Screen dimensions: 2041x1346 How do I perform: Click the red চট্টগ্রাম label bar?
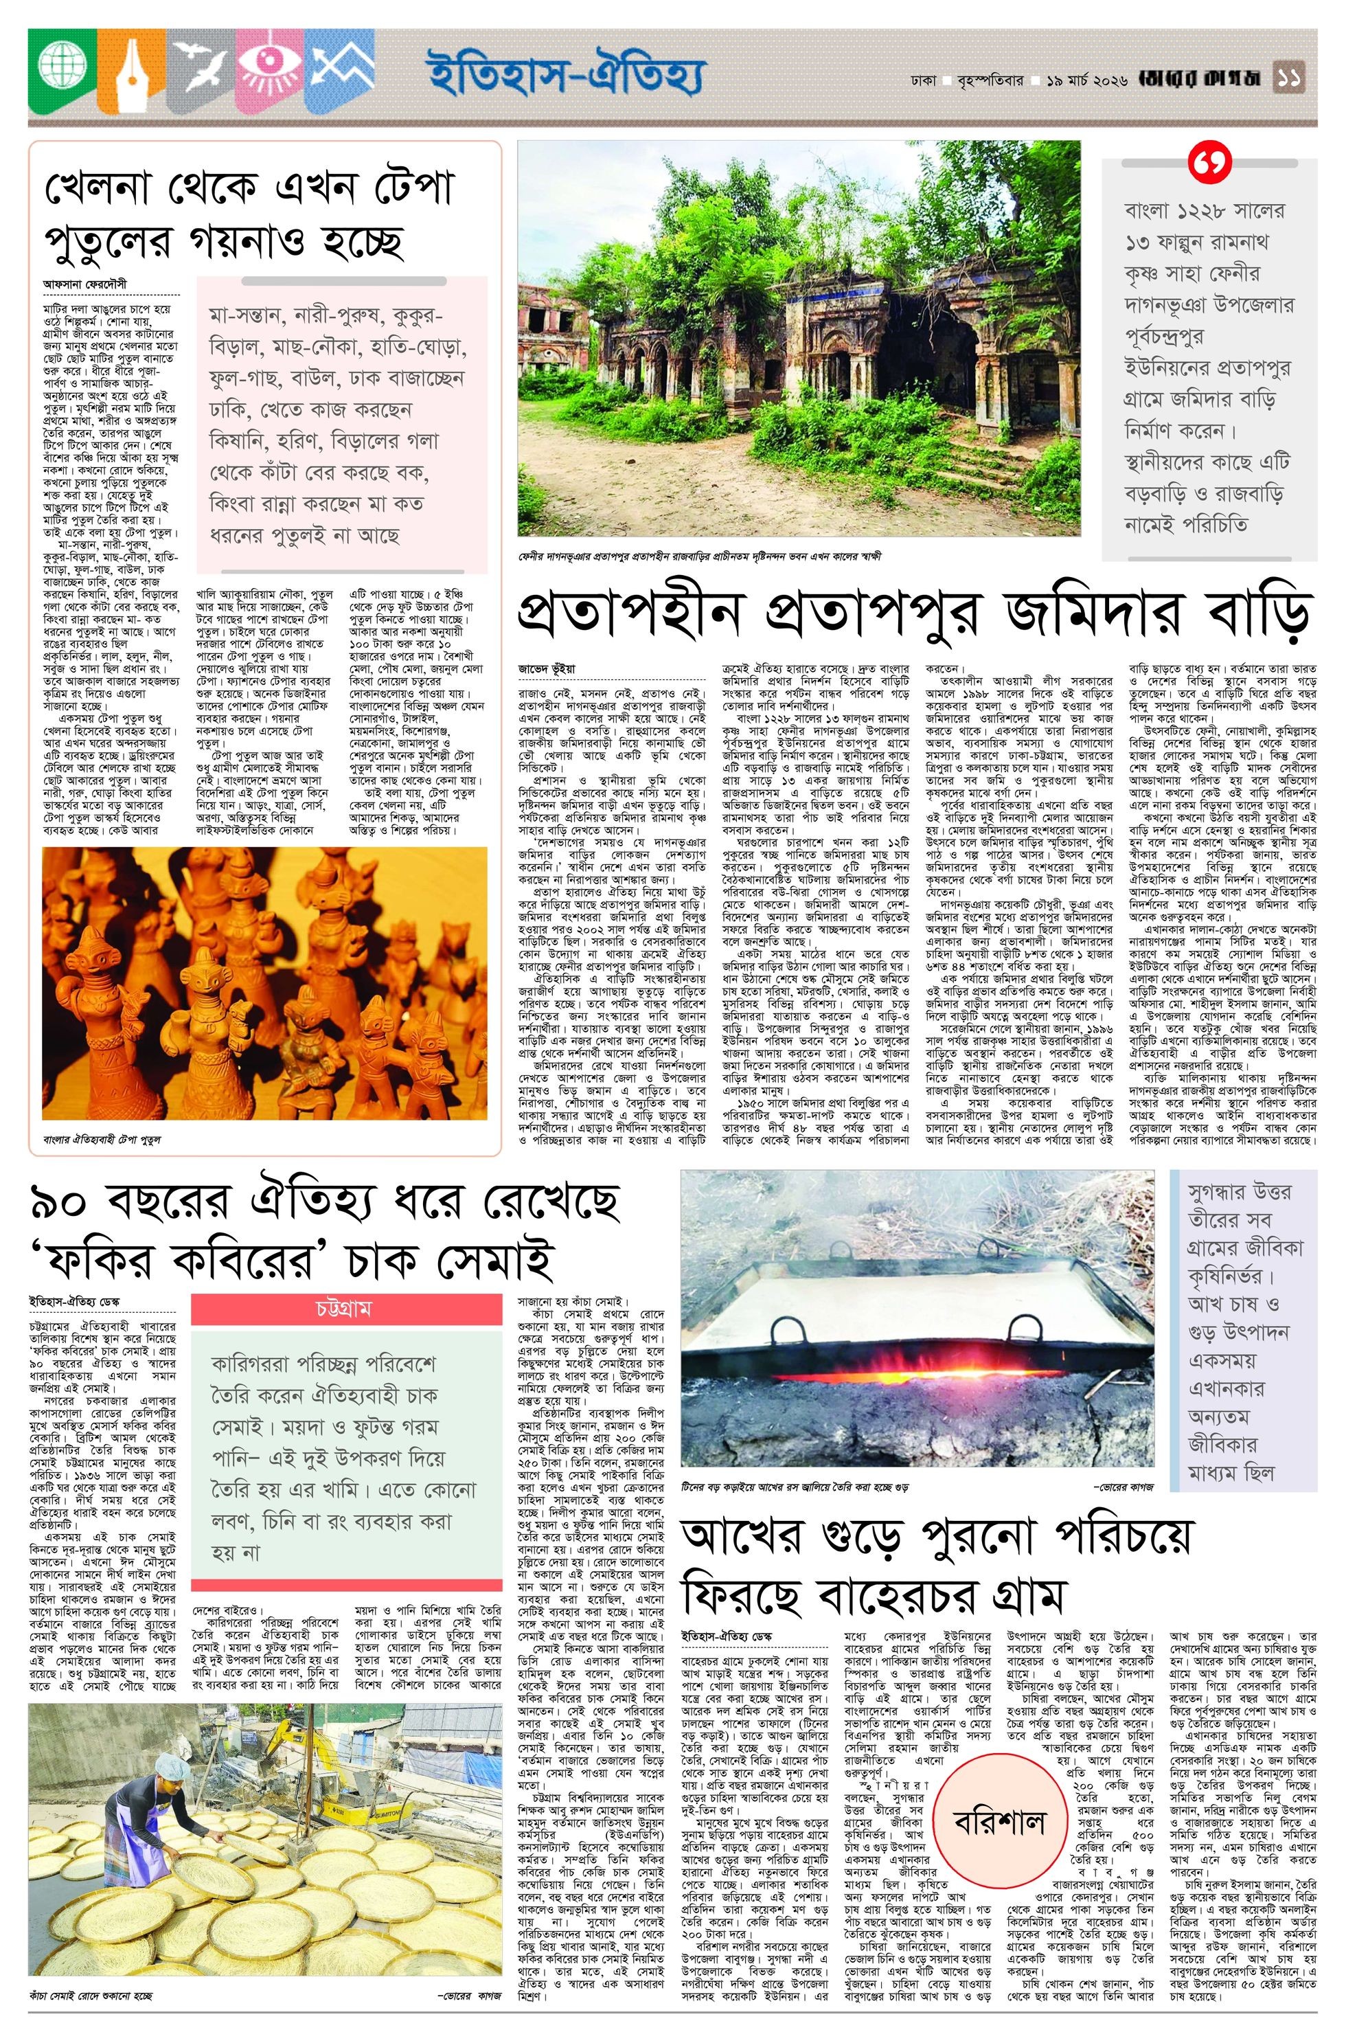[346, 1309]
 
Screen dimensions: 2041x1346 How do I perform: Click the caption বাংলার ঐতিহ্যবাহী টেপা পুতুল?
[102, 1140]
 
